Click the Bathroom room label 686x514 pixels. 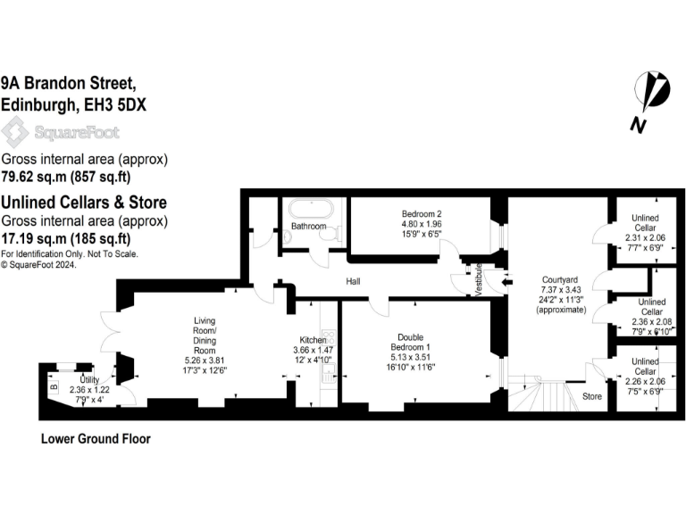(x=309, y=227)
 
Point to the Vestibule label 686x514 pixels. (x=480, y=277)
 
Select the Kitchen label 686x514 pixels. (x=313, y=340)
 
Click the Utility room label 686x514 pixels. (x=88, y=379)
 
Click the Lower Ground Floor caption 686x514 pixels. (x=96, y=439)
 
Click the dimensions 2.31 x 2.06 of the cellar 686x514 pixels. (x=645, y=239)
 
